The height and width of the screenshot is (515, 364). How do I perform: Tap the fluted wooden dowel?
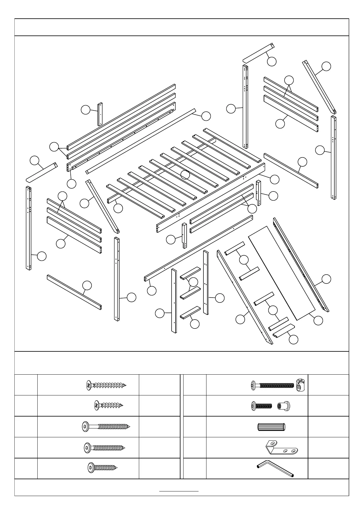[x=272, y=427]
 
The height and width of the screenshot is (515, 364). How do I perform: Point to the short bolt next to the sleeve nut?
[x=262, y=406]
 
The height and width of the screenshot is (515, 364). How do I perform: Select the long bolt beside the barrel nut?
[x=272, y=385]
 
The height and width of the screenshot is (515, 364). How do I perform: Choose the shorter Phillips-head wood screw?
[x=109, y=406]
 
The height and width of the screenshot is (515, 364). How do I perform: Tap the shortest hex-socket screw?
[x=102, y=468]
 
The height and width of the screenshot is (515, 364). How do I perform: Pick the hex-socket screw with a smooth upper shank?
[x=106, y=427]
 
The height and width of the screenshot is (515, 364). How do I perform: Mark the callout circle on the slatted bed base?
[x=185, y=175]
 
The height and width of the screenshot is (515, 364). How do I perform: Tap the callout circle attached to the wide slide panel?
[x=318, y=320]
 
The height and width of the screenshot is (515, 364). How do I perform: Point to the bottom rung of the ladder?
[x=190, y=313]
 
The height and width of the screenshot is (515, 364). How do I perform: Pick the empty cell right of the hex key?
[x=328, y=469]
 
